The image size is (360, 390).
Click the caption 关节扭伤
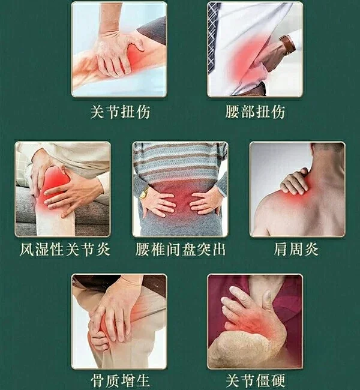coord(120,112)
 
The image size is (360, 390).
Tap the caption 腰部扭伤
coord(255,112)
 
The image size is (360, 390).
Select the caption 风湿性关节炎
coord(65,249)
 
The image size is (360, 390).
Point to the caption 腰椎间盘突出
coord(181,249)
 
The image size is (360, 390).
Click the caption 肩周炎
coord(296,249)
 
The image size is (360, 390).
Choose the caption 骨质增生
coord(120,380)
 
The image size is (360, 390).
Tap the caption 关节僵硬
coord(255,380)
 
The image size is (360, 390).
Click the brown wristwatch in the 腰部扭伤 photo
coord(287,45)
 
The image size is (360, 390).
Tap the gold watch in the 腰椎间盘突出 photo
coord(144,193)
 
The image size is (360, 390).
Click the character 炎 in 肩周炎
coord(311,249)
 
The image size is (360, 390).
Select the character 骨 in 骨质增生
coord(98,380)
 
